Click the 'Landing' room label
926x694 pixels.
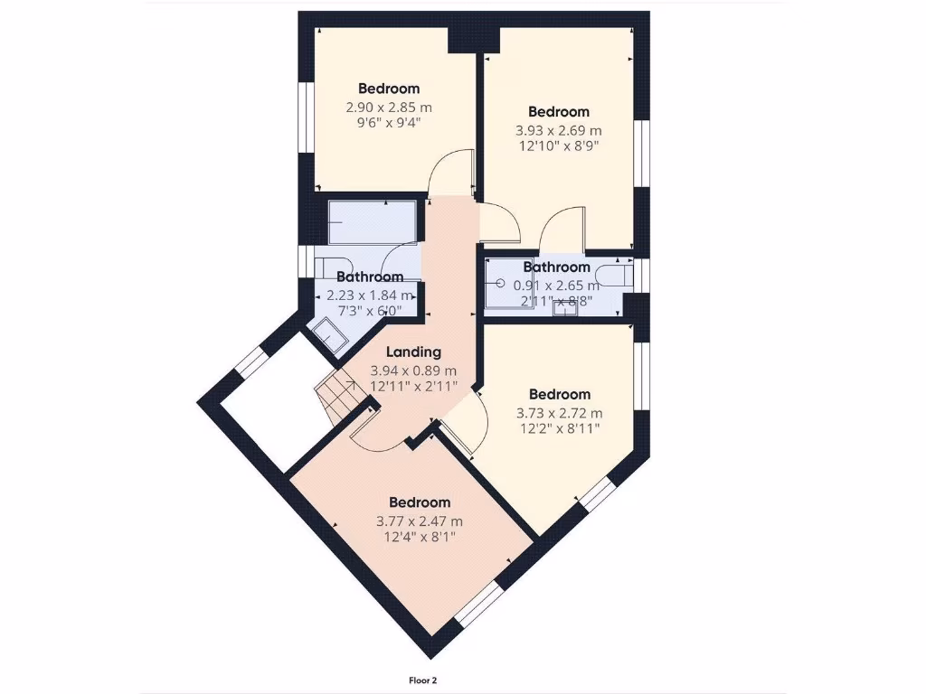pyautogui.click(x=413, y=352)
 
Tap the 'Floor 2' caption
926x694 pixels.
pyautogui.click(x=424, y=680)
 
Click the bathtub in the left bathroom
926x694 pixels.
pyautogui.click(x=373, y=222)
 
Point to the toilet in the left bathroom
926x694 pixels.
pyautogui.click(x=325, y=268)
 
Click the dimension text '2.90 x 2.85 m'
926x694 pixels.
pyautogui.click(x=389, y=107)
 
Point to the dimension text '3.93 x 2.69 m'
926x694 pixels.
pyautogui.click(x=559, y=130)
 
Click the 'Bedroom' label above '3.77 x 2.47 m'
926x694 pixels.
pyautogui.click(x=420, y=502)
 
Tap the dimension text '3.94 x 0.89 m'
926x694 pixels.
pyautogui.click(x=413, y=370)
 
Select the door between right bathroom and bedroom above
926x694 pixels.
pyautogui.click(x=562, y=230)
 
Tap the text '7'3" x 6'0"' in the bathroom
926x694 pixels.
pyautogui.click(x=369, y=311)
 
